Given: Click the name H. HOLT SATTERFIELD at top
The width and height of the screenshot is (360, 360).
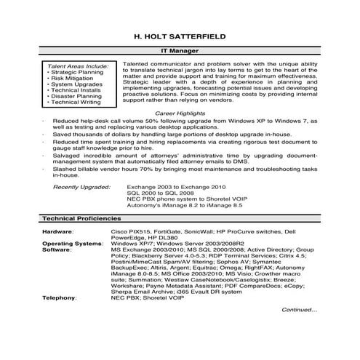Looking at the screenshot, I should [x=180, y=34].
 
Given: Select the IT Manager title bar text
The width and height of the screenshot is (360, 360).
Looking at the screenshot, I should [x=180, y=52].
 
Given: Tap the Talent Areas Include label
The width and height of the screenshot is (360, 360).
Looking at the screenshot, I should [x=76, y=67].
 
